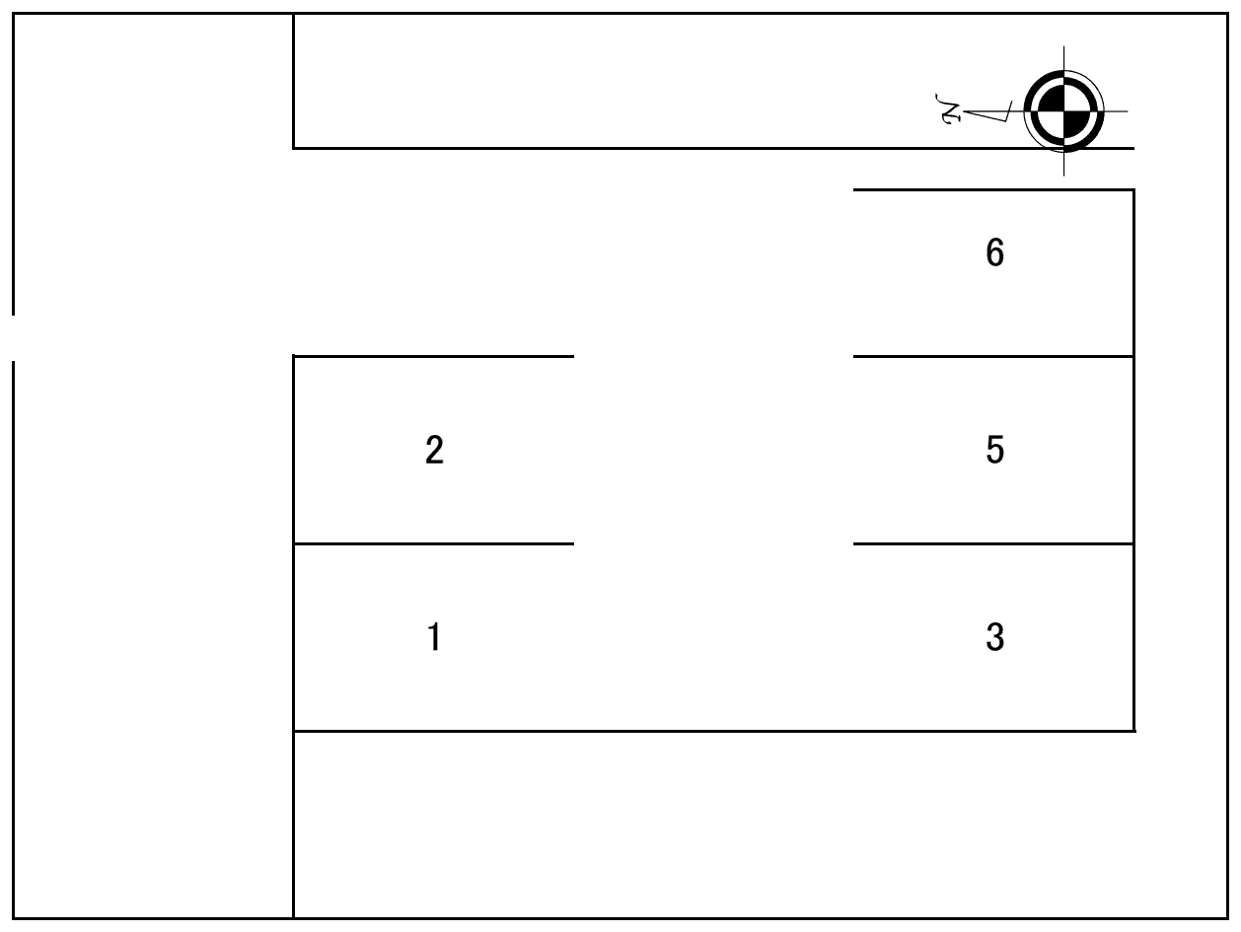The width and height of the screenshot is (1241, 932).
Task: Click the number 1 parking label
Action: pyautogui.click(x=434, y=636)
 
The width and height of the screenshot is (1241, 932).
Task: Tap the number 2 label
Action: pyautogui.click(x=434, y=450)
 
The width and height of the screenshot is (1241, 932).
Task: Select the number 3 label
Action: pyautogui.click(x=995, y=637)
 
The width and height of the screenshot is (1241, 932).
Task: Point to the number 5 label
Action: pyautogui.click(x=995, y=450)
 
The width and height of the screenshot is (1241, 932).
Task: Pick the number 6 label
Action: pyautogui.click(x=995, y=252)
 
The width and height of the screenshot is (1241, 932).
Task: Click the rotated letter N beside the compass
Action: pyautogui.click(x=948, y=109)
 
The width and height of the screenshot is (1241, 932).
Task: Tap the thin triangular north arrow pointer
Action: pyautogui.click(x=987, y=112)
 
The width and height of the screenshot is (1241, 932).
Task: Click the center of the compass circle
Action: pyautogui.click(x=1063, y=111)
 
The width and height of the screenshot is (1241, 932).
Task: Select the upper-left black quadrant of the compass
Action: pyautogui.click(x=1051, y=99)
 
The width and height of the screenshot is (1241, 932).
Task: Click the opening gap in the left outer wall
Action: pyautogui.click(x=13, y=338)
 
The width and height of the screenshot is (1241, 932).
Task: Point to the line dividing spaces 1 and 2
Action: pyautogui.click(x=434, y=543)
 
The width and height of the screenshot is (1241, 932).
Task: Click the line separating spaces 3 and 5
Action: pyautogui.click(x=993, y=543)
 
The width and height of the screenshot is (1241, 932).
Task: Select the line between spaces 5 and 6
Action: pyautogui.click(x=993, y=357)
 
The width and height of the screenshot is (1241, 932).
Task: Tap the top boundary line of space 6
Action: pyautogui.click(x=993, y=190)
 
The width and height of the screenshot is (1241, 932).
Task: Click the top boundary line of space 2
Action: pyautogui.click(x=434, y=357)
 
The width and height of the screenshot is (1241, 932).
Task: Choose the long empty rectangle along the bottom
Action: pyautogui.click(x=761, y=824)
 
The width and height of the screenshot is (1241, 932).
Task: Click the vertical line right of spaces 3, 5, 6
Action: pyautogui.click(x=1133, y=461)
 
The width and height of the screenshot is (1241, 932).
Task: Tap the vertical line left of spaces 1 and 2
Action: pyautogui.click(x=293, y=542)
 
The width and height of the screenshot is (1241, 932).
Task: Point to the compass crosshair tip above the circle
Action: pyautogui.click(x=1063, y=46)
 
